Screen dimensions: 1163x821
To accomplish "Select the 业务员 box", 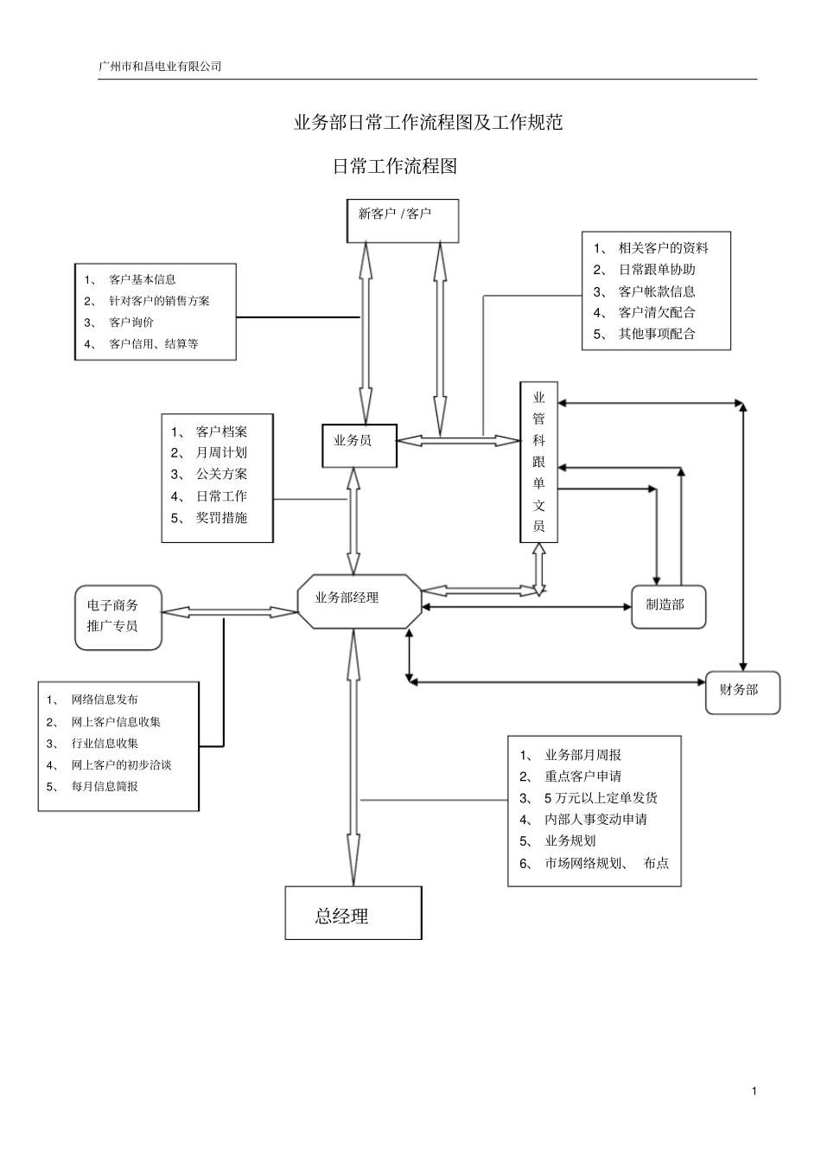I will click(359, 444).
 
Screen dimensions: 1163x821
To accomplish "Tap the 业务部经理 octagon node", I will click(359, 600).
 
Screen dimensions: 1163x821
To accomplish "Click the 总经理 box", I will click(353, 913).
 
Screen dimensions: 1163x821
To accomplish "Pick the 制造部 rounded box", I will click(668, 606).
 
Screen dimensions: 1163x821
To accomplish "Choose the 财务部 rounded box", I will click(741, 692).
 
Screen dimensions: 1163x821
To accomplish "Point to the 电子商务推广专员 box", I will click(118, 617).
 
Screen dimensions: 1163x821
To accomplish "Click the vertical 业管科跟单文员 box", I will click(538, 462).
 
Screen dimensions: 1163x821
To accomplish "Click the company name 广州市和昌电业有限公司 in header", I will click(161, 66).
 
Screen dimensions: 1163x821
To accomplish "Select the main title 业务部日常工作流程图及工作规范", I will click(428, 123).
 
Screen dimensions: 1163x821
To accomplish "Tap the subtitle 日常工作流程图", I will click(394, 167).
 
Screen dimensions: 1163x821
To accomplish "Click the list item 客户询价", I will click(131, 323).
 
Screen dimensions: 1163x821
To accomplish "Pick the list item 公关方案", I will click(221, 474).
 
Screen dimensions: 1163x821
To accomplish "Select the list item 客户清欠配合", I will click(657, 313).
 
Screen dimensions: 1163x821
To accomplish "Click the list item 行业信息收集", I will click(105, 744).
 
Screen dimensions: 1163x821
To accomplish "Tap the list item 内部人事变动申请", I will click(595, 820).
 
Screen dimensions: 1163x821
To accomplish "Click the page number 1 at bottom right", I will click(754, 1091).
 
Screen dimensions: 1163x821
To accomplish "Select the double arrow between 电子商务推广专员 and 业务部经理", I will click(229, 612).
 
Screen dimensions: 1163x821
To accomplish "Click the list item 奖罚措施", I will click(221, 518).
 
